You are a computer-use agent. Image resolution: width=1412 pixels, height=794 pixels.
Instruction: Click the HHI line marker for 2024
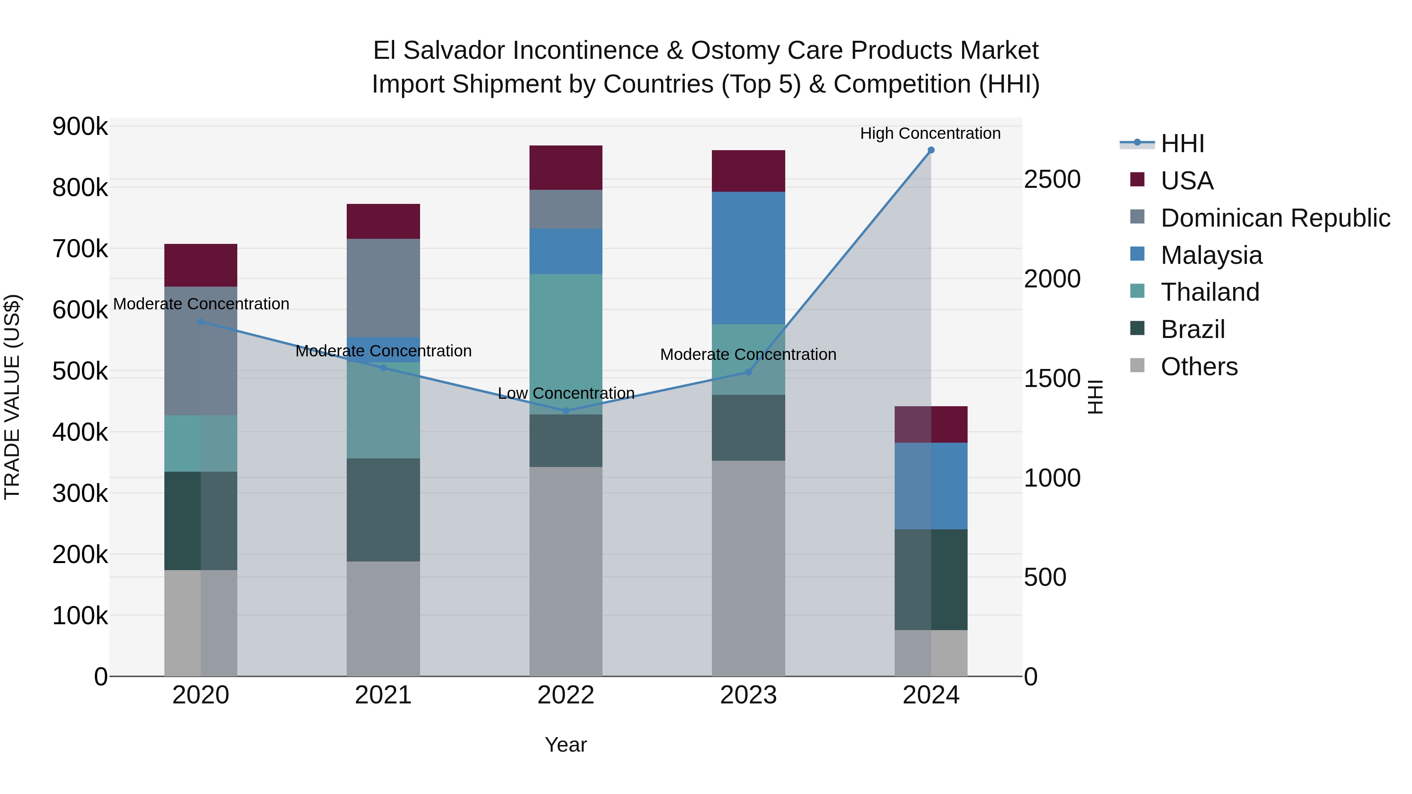point(931,150)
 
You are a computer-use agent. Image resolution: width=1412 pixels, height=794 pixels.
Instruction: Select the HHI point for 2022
point(566,411)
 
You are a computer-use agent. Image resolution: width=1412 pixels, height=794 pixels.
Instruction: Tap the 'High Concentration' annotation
point(930,133)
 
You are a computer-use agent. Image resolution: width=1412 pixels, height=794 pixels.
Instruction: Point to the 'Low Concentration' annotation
point(566,393)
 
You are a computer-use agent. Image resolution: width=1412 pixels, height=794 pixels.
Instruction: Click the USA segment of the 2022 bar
point(566,168)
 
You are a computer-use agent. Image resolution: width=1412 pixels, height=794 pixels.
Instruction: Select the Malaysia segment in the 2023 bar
point(748,258)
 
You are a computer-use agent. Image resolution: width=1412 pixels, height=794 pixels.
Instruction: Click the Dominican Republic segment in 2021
point(383,288)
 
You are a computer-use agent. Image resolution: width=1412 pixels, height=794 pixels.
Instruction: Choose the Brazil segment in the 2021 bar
point(383,510)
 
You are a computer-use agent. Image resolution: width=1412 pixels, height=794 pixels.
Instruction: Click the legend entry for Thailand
point(1210,292)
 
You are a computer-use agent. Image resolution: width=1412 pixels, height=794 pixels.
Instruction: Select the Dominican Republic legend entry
point(1275,218)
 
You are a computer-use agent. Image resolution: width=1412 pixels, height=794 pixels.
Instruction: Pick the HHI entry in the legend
point(1182,144)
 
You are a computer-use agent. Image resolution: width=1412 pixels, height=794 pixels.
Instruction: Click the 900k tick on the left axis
point(80,127)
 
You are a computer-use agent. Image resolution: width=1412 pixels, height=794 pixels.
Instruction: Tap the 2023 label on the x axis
point(748,695)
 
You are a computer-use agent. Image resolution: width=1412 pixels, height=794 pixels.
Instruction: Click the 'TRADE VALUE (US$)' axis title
point(12,397)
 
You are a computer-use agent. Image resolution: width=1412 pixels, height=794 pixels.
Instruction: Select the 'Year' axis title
point(566,745)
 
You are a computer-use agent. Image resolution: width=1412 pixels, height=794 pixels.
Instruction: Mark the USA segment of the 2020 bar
point(200,265)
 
